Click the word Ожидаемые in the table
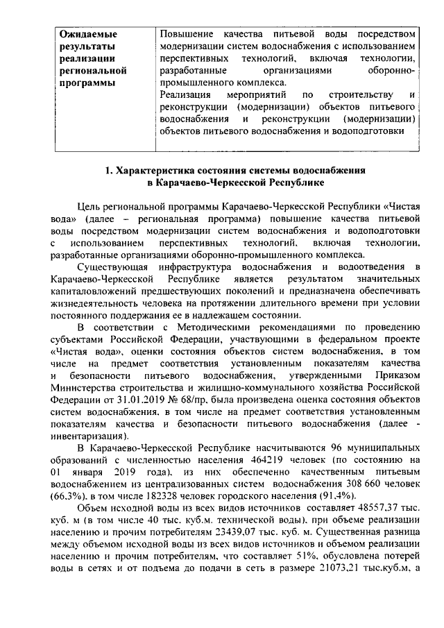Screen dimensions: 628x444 [x=88, y=33]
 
